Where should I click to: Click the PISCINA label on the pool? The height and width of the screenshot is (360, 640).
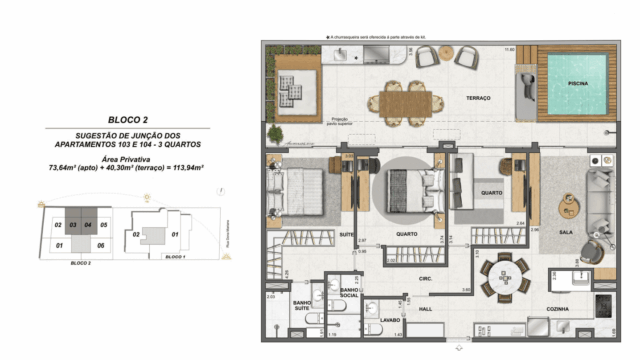(577, 84)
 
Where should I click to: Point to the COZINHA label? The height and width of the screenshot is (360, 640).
(558, 310)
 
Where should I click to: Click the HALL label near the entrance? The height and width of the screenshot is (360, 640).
(424, 310)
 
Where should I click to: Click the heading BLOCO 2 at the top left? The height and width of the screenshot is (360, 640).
(130, 118)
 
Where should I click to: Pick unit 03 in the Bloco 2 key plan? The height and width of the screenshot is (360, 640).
(74, 226)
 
